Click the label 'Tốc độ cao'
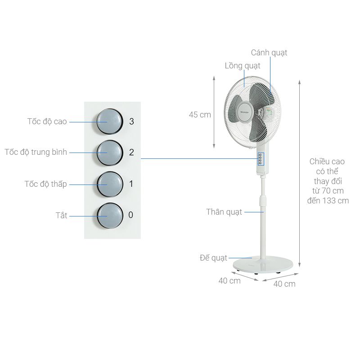pyautogui.click(x=47, y=121)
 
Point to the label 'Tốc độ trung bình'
pyautogui.click(x=36, y=152)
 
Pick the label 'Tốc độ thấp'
pyautogui.click(x=45, y=184)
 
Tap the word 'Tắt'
pyautogui.click(x=61, y=216)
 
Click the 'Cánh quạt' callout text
pyautogui.click(x=269, y=53)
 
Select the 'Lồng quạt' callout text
pyautogui.click(x=243, y=66)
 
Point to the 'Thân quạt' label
pyautogui.click(x=224, y=211)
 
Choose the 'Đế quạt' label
pyautogui.click(x=213, y=258)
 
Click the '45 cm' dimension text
pyautogui.click(x=200, y=115)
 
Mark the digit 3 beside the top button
pyautogui.click(x=131, y=121)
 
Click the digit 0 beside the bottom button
pyautogui.click(x=131, y=215)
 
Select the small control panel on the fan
pyautogui.click(x=261, y=159)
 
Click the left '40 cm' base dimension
pyautogui.click(x=229, y=281)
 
